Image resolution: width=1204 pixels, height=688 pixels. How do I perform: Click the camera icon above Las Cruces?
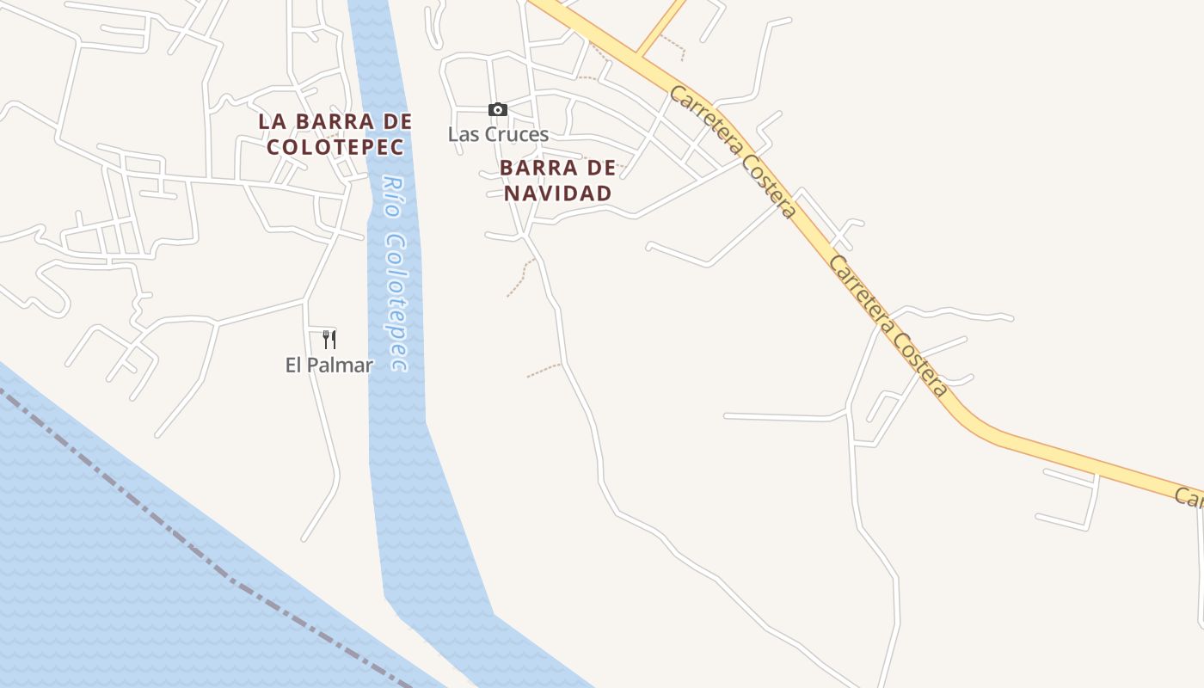497,109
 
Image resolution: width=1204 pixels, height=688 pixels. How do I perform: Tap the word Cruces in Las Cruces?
517,134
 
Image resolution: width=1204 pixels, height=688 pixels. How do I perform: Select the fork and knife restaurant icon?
329,339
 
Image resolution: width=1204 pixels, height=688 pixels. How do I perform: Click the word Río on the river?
393,197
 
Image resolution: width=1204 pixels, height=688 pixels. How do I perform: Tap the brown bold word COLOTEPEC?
335,145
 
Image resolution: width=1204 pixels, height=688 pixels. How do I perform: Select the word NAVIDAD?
557,193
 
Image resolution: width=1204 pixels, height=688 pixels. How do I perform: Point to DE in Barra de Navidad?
602,167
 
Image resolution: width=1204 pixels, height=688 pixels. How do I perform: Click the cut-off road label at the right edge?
1190,497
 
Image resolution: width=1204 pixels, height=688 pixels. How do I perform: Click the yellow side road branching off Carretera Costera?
662,26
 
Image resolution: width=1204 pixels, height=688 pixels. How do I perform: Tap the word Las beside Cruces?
462,134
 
